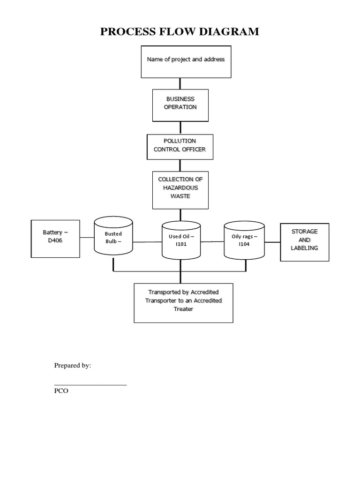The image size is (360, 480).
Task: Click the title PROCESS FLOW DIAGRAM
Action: (x=180, y=32)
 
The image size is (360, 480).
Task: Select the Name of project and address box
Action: (x=186, y=61)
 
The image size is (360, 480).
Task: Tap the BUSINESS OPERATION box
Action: (x=180, y=105)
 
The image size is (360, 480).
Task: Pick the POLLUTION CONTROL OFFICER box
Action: (x=180, y=147)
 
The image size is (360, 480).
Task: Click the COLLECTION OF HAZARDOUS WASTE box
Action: (x=180, y=189)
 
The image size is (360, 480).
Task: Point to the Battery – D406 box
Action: (x=55, y=238)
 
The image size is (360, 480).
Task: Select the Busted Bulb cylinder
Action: (x=113, y=238)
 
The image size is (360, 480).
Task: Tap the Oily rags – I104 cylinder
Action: (x=244, y=240)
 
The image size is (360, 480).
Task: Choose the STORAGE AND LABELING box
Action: (x=304, y=241)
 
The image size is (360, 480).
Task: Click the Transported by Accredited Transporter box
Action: (x=183, y=303)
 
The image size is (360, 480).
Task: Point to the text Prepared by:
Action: (x=73, y=366)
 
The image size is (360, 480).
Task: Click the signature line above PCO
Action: (x=90, y=384)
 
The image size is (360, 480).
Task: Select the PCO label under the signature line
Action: (x=61, y=391)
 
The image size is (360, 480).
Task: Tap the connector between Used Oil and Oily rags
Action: (x=212, y=242)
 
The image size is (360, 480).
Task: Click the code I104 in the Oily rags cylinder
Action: (x=244, y=244)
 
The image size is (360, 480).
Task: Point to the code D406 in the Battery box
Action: (x=55, y=241)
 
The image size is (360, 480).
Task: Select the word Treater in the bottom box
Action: (x=183, y=309)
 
